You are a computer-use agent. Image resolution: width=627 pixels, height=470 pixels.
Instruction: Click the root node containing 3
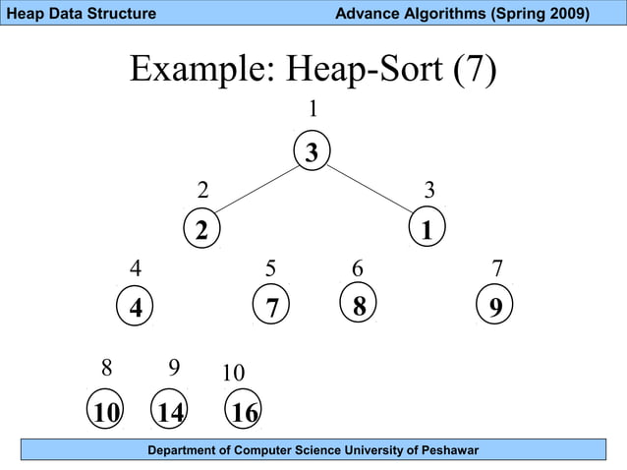(312, 152)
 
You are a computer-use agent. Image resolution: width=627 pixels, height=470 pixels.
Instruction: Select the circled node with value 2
(202, 230)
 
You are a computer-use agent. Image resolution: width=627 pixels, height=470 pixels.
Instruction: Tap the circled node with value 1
(427, 230)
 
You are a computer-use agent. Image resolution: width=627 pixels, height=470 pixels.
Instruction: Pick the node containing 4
(136, 307)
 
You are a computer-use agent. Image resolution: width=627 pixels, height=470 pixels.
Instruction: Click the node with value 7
(272, 307)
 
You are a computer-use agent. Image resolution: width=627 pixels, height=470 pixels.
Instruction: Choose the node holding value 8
(359, 306)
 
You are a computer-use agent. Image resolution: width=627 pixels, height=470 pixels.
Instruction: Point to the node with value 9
(495, 307)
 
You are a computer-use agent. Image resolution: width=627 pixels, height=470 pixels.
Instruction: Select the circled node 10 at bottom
(105, 412)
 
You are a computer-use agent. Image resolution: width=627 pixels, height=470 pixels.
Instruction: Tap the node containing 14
(171, 412)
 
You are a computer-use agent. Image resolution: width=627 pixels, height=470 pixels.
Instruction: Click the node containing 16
(244, 412)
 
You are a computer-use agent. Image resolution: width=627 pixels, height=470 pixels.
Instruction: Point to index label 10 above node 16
(233, 374)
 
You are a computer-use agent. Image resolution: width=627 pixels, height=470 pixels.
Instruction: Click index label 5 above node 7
(271, 267)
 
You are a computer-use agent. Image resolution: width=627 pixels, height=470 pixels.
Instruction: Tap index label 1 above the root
(313, 108)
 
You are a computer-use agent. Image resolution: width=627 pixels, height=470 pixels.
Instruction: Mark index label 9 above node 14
(173, 368)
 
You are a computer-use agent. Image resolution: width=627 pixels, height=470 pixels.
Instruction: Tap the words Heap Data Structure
(81, 13)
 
